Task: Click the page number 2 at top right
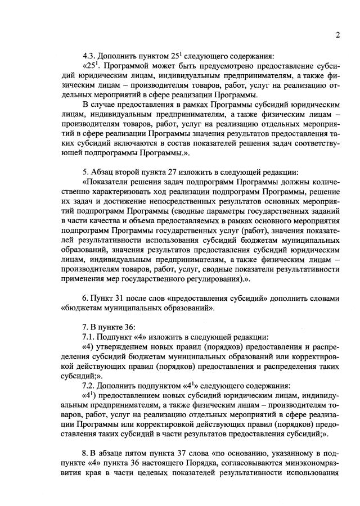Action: (338, 35)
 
